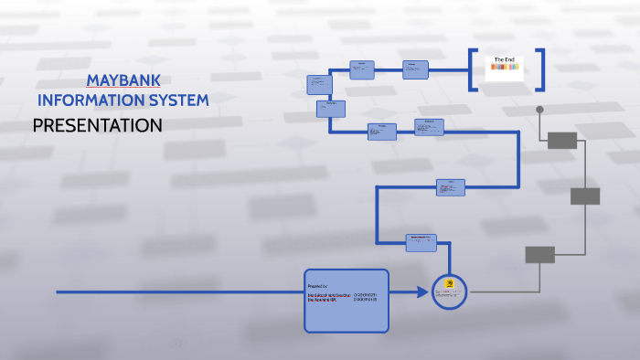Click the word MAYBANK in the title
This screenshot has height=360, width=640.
coord(123,79)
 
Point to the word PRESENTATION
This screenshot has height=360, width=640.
coord(97,125)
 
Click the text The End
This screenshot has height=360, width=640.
coord(505,60)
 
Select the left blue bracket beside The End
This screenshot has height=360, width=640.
coord(472,69)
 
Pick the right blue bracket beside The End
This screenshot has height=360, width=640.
coord(541,69)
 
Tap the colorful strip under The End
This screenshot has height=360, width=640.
coord(505,68)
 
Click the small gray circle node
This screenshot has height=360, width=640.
coord(539,110)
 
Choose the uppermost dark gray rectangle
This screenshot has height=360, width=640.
coord(562,140)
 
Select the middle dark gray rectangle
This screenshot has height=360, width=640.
coord(585,196)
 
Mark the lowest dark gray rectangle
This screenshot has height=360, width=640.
coord(539,255)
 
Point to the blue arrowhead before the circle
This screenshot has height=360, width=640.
coord(422,292)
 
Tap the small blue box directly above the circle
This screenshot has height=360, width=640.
coord(421,242)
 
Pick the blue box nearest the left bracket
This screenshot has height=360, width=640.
coord(415,69)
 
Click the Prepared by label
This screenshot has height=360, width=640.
coord(317,286)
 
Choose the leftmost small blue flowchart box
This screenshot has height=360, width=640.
coord(318,84)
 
